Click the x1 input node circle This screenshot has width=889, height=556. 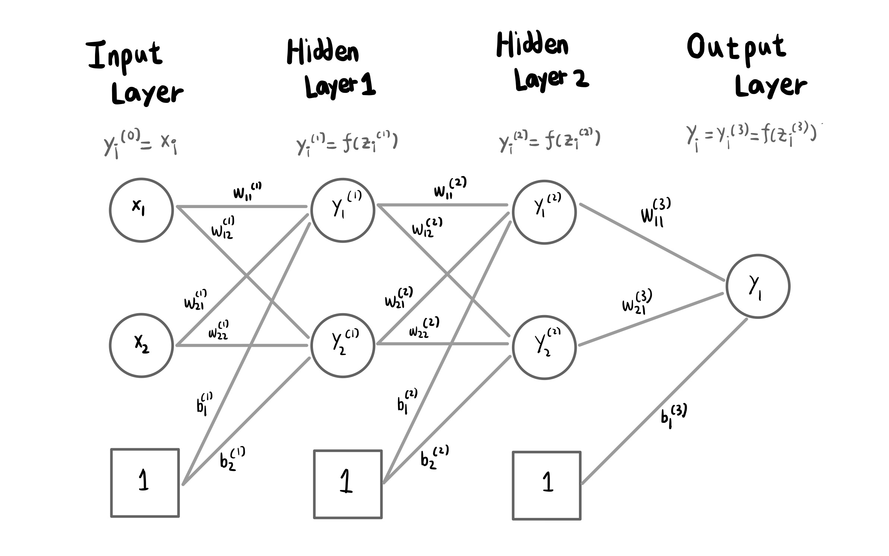141,210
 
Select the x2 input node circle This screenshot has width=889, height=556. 141,345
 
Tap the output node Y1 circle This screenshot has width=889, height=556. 757,286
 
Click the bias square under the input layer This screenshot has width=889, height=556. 145,483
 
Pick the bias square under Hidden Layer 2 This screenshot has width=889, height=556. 547,486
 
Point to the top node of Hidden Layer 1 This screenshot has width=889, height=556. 342,210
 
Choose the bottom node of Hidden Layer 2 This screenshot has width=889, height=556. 544,347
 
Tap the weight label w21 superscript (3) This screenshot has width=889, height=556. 636,302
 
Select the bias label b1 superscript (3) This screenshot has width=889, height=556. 673,417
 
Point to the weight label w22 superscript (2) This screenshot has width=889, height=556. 424,327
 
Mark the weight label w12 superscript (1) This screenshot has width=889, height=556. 223,227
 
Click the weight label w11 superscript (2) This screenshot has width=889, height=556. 450,188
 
